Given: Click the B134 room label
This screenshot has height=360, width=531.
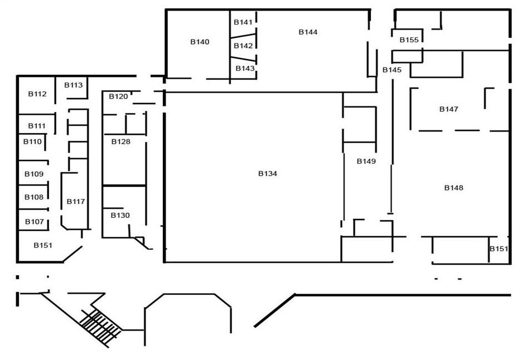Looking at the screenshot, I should (267, 174).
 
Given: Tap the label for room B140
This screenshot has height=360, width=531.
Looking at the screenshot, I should (199, 42).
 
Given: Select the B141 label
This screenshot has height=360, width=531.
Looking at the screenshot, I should (243, 22).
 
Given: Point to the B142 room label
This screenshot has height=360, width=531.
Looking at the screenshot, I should (243, 46).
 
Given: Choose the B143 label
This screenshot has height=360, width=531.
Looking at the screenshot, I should (245, 69).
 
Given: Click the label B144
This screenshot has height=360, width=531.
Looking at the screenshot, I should (308, 32).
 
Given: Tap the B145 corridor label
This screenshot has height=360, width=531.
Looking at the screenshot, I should (392, 70).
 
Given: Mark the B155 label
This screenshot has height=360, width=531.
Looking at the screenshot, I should (409, 40).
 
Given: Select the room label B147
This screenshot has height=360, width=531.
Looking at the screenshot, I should (448, 109).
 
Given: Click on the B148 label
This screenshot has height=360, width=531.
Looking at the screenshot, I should (453, 188).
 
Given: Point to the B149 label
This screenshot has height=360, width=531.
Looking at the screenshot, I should (366, 162).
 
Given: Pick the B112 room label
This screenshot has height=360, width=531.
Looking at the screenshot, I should (37, 94).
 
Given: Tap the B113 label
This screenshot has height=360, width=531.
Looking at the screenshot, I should (73, 85).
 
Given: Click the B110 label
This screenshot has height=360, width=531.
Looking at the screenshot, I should (32, 142).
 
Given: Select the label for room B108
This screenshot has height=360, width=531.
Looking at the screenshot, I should (33, 197).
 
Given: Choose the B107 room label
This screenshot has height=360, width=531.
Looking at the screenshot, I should (34, 222).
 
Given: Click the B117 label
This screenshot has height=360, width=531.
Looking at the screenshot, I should (76, 201).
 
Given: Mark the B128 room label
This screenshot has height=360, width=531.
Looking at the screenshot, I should (120, 142).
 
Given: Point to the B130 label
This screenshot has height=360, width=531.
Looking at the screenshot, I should (120, 215).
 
